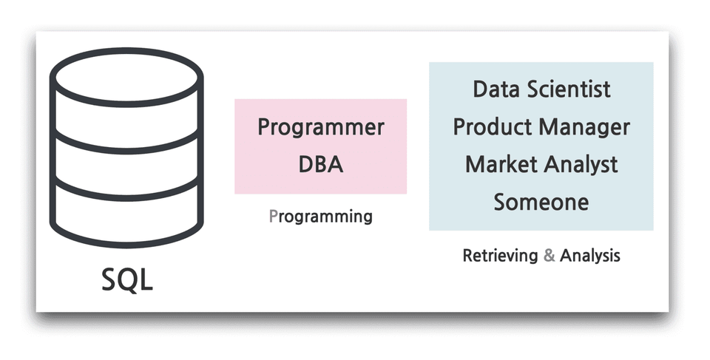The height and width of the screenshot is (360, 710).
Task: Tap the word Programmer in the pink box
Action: pyautogui.click(x=320, y=127)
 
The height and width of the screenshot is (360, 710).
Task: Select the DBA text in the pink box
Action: pyautogui.click(x=320, y=164)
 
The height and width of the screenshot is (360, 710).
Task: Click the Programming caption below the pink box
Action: pyautogui.click(x=320, y=217)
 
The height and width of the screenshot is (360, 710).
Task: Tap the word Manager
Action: pyautogui.click(x=584, y=126)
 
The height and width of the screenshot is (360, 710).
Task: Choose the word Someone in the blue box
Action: pyautogui.click(x=541, y=201)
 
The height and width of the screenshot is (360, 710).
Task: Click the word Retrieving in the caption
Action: pyautogui.click(x=500, y=256)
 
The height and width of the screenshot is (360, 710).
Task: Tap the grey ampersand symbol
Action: pyautogui.click(x=549, y=256)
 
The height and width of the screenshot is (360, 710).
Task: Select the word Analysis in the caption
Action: pyautogui.click(x=589, y=256)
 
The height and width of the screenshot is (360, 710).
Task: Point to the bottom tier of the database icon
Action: pyautogui.click(x=126, y=218)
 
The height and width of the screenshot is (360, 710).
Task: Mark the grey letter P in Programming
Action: pyautogui.click(x=273, y=217)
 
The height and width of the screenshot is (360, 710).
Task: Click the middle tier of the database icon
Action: pyautogui.click(x=126, y=166)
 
